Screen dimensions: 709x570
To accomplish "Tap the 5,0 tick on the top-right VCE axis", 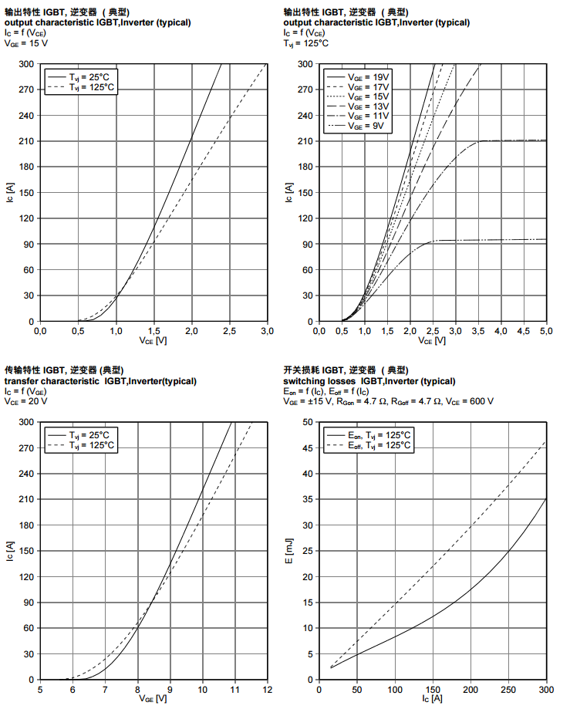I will click(545, 330).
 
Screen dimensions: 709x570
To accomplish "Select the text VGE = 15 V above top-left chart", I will click(26, 44).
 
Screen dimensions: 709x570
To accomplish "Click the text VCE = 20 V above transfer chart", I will click(26, 402).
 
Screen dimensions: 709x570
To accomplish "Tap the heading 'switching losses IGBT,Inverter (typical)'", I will click(369, 381).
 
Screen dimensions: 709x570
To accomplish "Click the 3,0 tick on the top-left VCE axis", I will click(267, 330).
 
